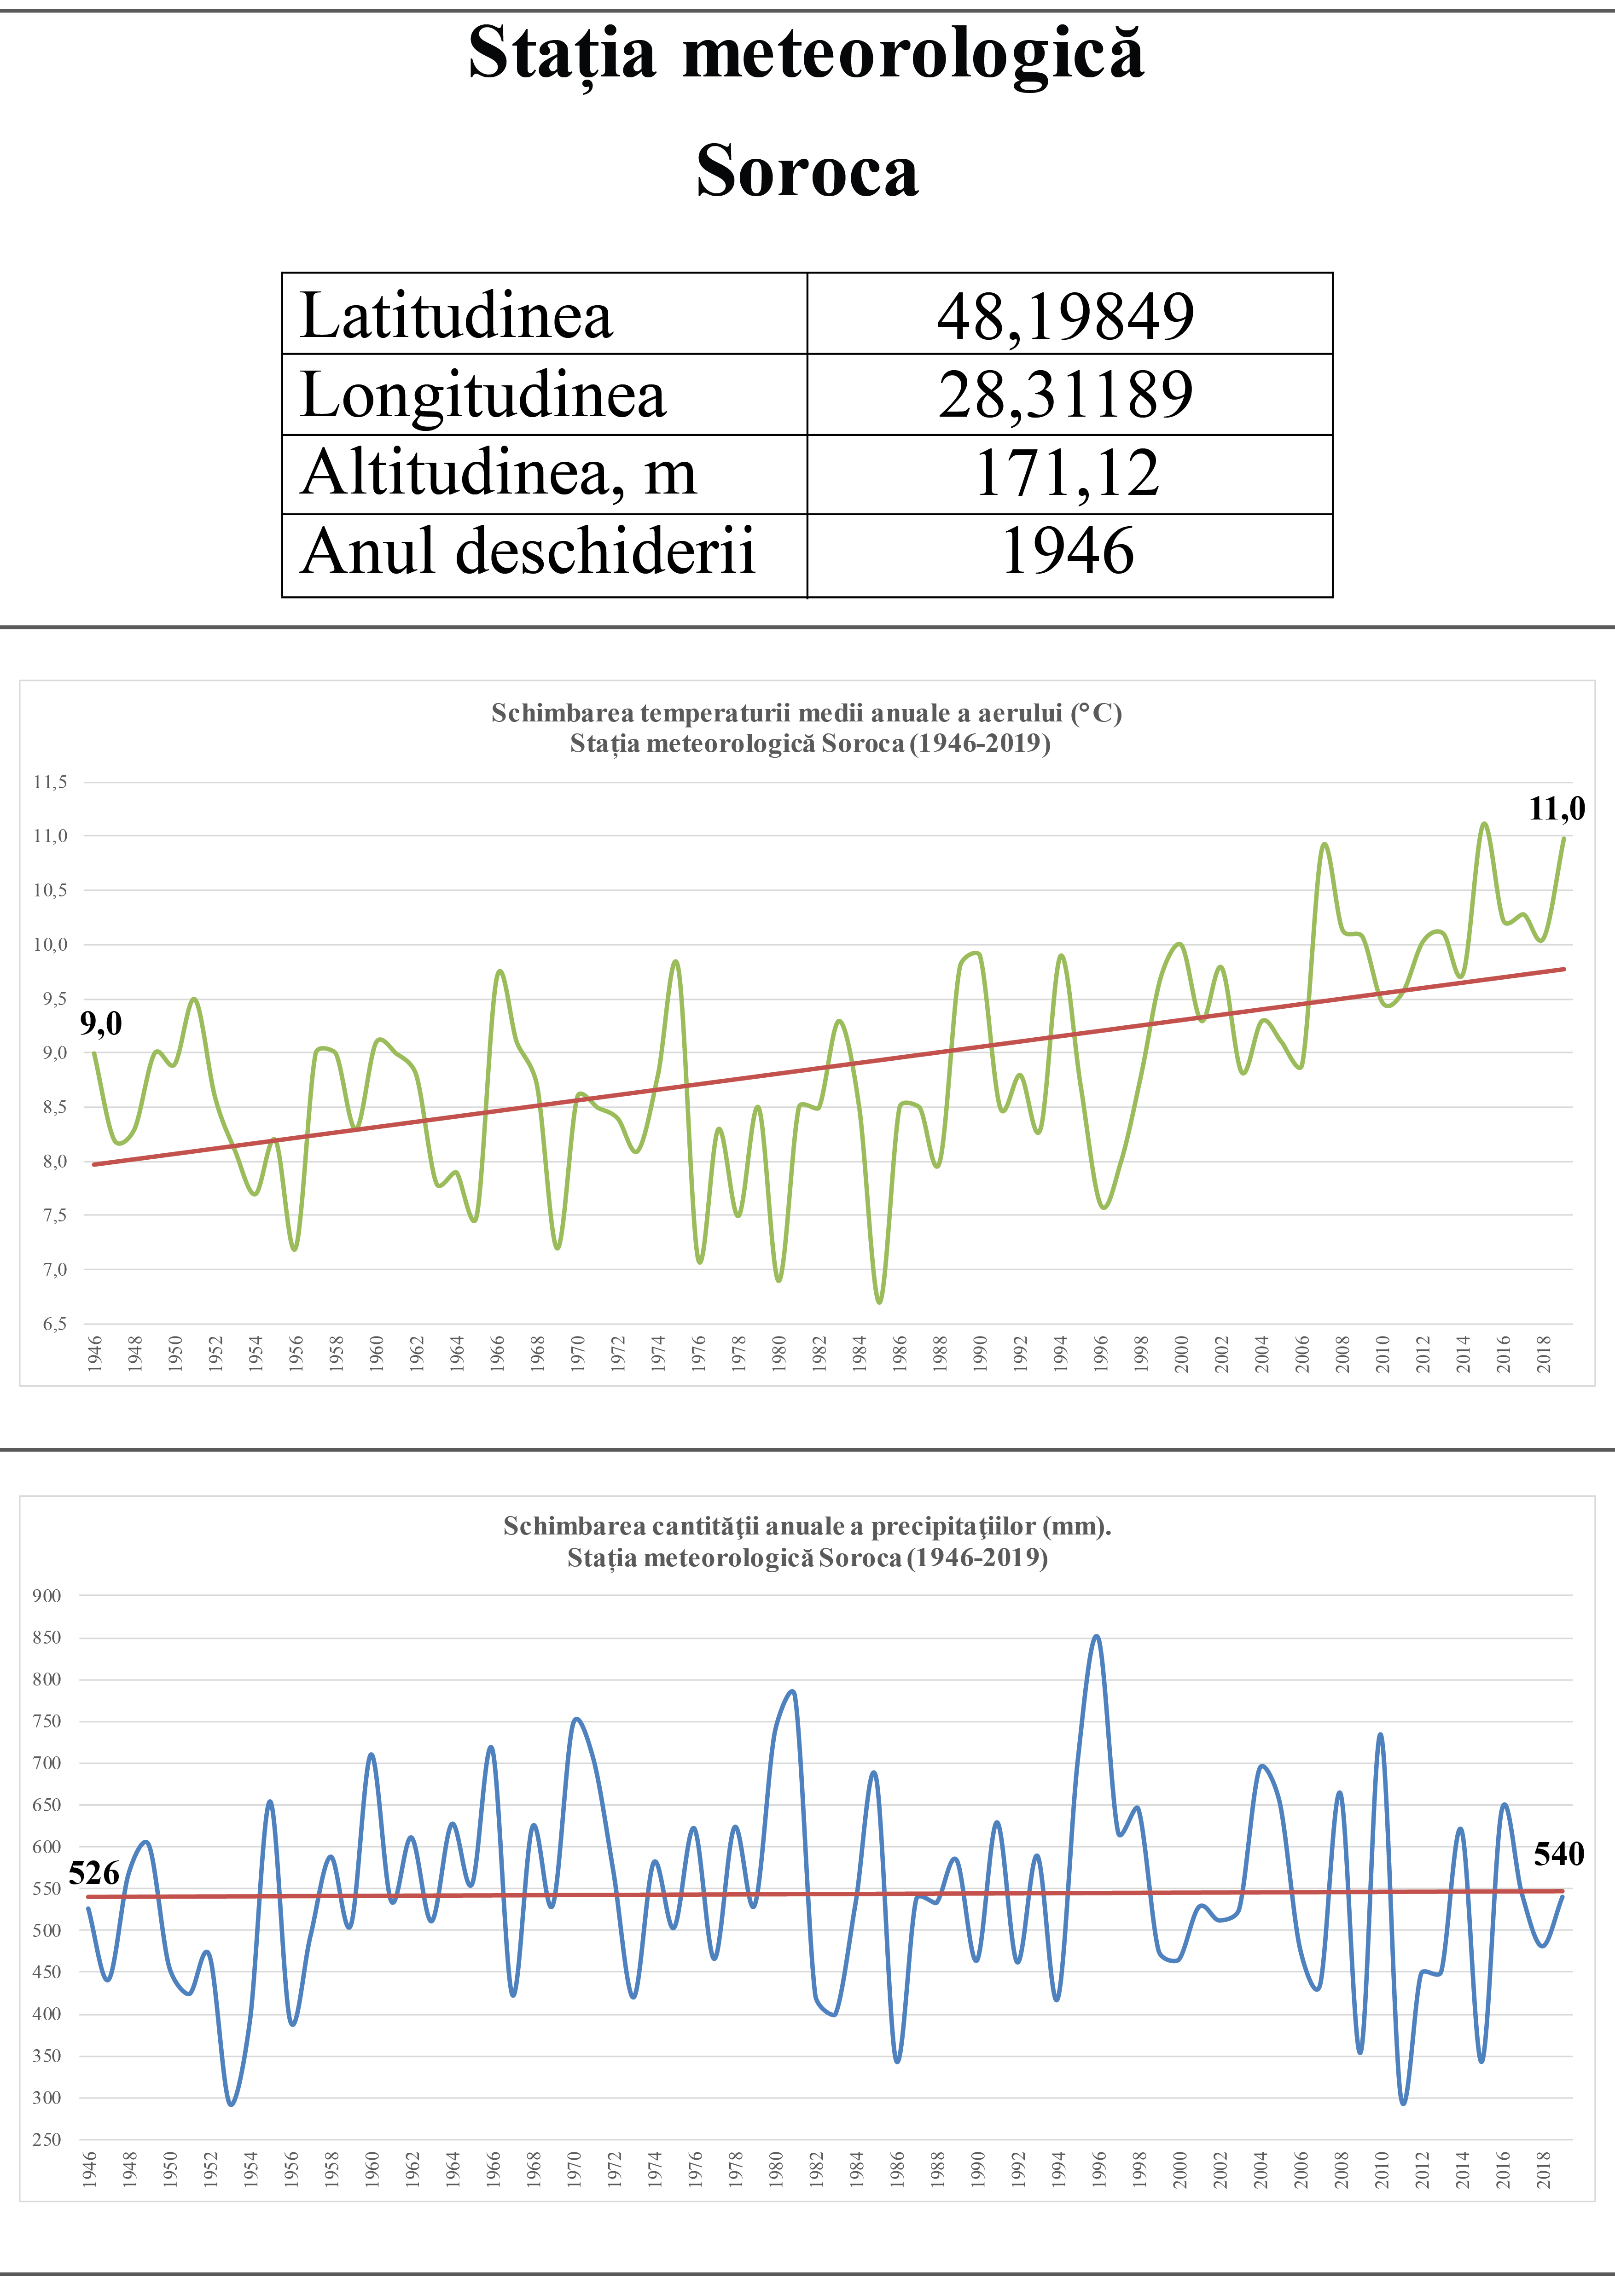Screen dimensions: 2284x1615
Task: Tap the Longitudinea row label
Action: (483, 395)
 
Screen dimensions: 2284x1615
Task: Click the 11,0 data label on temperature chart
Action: (1557, 809)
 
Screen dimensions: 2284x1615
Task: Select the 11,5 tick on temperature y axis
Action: (50, 782)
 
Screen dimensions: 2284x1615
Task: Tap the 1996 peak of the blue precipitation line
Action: (1096, 1636)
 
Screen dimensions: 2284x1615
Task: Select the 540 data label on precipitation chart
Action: (1558, 1854)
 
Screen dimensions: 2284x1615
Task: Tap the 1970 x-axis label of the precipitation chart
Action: (574, 2168)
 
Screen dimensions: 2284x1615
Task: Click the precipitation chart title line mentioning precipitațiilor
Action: (807, 1526)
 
